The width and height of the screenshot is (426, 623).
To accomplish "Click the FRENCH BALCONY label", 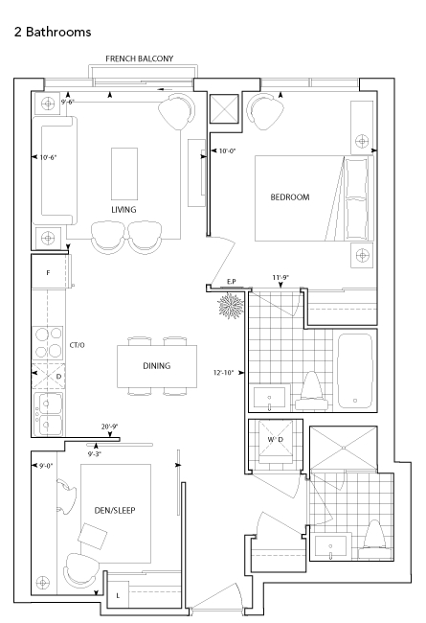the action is pyautogui.click(x=140, y=58).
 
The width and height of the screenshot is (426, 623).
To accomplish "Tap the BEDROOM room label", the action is pyautogui.click(x=290, y=197).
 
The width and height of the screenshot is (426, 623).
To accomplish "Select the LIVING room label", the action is pyautogui.click(x=123, y=209).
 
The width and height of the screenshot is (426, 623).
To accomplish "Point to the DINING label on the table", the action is pyautogui.click(x=157, y=365).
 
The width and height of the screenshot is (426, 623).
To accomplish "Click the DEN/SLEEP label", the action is pyautogui.click(x=115, y=510).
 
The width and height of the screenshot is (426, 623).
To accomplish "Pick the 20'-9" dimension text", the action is pyautogui.click(x=109, y=427).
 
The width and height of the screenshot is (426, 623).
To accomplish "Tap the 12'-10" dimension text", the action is pyautogui.click(x=223, y=373).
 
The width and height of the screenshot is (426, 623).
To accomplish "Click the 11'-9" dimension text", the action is pyautogui.click(x=280, y=277).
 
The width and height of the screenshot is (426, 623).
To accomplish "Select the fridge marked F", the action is pyautogui.click(x=49, y=272).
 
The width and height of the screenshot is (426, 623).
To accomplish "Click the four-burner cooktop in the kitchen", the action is pyautogui.click(x=49, y=342).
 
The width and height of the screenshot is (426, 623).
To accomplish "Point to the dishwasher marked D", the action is pyautogui.click(x=49, y=376).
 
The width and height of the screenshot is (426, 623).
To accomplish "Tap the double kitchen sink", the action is pyautogui.click(x=48, y=414).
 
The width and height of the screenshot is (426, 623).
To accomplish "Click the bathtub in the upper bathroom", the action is pyautogui.click(x=355, y=371).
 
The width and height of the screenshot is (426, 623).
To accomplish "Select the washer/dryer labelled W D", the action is pyautogui.click(x=276, y=441).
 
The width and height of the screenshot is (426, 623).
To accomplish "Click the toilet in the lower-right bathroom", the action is pyautogui.click(x=374, y=536).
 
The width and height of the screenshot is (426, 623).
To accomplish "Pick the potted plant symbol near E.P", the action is pyautogui.click(x=231, y=305).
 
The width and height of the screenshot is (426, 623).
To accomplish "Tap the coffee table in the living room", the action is pyautogui.click(x=124, y=173).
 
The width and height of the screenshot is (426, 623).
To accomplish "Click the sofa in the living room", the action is pyautogui.click(x=55, y=171).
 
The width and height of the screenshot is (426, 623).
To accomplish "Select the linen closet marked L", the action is pyautogui.click(x=118, y=595).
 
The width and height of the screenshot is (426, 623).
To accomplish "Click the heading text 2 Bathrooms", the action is pyautogui.click(x=53, y=32).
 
